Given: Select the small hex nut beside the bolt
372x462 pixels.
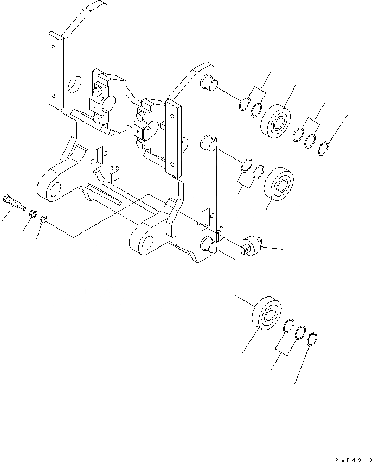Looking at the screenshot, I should [x=33, y=213].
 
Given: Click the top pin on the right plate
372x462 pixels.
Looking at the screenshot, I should [x=209, y=83].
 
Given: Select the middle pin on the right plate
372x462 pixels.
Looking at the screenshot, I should [x=208, y=144].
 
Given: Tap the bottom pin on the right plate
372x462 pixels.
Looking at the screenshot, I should [x=208, y=245].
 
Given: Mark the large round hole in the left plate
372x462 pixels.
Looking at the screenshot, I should [x=74, y=84].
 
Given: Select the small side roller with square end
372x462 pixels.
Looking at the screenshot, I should [x=252, y=246].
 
